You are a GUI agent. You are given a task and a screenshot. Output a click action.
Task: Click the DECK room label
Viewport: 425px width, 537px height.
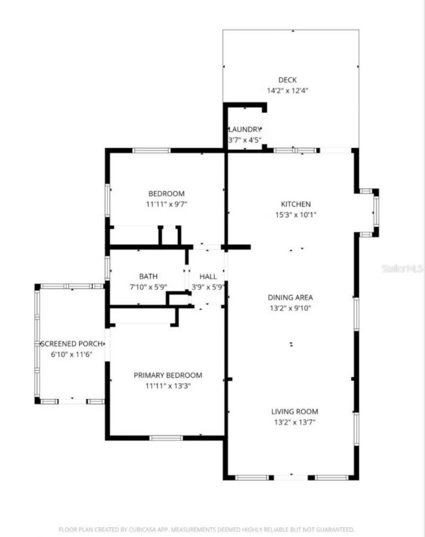(287, 80)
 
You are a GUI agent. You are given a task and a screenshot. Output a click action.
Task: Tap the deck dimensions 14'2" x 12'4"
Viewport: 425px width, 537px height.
(287, 91)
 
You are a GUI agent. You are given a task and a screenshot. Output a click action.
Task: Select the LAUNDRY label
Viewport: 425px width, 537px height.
(245, 129)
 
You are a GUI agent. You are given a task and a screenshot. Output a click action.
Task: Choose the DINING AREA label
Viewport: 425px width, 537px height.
(290, 297)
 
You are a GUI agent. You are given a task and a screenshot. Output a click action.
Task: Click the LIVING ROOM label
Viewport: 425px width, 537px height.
(295, 411)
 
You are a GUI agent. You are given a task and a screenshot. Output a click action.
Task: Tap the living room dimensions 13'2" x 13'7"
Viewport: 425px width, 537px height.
(295, 422)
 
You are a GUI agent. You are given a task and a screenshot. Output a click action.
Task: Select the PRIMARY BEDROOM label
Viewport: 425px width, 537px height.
(167, 375)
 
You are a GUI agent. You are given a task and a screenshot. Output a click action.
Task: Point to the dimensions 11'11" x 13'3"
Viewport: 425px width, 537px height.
(167, 386)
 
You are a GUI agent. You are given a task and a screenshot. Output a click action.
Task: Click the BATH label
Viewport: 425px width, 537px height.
(148, 276)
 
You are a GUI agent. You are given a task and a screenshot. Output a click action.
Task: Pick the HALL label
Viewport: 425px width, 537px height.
(208, 276)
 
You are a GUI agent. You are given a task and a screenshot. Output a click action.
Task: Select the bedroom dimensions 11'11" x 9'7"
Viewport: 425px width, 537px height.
(166, 204)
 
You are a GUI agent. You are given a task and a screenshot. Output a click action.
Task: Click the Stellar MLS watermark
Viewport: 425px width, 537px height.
(402, 269)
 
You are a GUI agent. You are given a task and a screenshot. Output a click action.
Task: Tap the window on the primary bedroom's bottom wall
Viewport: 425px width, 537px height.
(166, 438)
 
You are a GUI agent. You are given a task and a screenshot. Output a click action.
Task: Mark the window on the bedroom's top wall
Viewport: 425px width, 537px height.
(151, 151)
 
